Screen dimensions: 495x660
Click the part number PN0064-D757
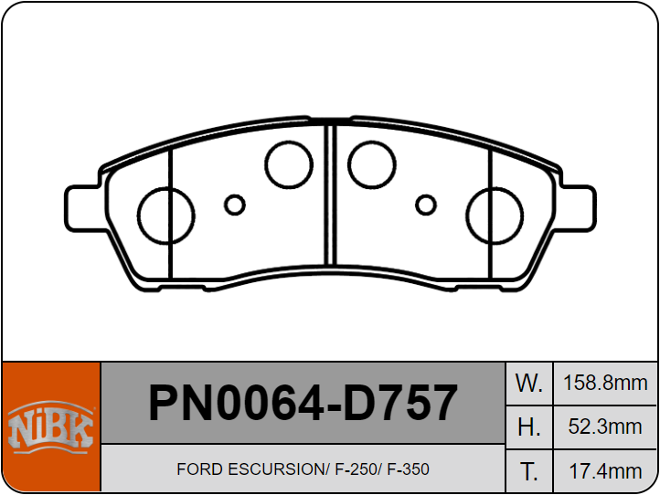pos(303,403)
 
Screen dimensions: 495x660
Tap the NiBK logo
pos(50,427)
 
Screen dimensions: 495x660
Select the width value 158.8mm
pos(606,383)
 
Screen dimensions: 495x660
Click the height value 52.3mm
pos(606,427)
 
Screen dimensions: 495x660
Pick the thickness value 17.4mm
pos(606,470)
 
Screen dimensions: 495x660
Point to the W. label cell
pos(529,383)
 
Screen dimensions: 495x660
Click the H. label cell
pos(529,427)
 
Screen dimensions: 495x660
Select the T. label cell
pos(529,470)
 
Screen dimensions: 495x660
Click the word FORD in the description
pos(197,469)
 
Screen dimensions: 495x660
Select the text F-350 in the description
pos(408,469)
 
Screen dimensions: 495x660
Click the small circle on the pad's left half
pos(235,205)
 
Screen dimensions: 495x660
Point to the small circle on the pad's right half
pos(425,205)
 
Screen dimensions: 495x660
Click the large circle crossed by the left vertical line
pos(165,216)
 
